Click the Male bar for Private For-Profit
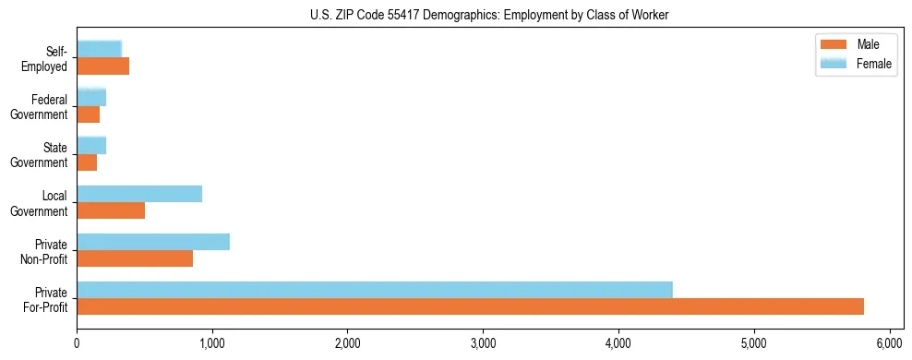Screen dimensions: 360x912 click(x=470, y=306)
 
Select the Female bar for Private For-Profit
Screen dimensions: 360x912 click(x=374, y=290)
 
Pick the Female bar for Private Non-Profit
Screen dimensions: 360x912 click(x=153, y=242)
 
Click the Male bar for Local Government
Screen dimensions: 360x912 click(x=111, y=210)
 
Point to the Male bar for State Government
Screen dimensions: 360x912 click(x=87, y=162)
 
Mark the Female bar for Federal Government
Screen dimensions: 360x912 click(x=91, y=98)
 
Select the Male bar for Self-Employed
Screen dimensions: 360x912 click(x=102, y=66)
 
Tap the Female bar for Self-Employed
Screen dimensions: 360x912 click(x=99, y=50)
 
